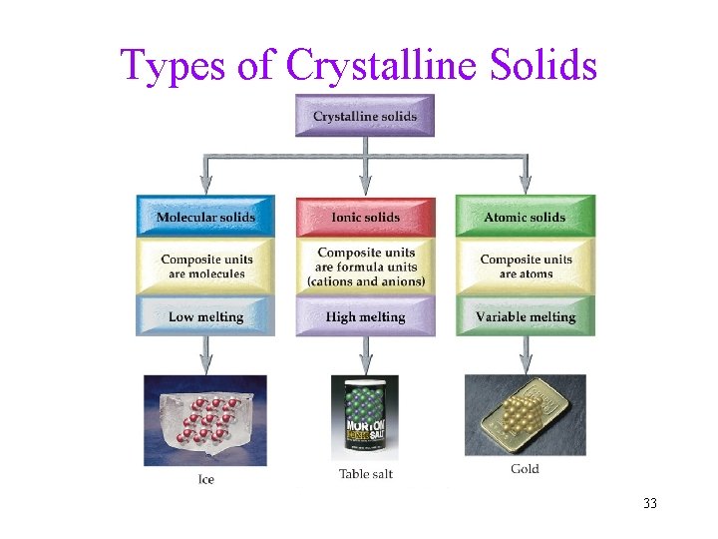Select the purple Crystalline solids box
[x=365, y=116]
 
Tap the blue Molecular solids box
[x=205, y=217]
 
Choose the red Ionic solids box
[x=365, y=217]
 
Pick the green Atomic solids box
[x=525, y=217]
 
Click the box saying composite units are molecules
[x=206, y=267]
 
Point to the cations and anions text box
[x=365, y=267]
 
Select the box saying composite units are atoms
[x=525, y=267]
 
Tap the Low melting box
[x=205, y=316]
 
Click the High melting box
[x=365, y=316]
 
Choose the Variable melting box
[x=525, y=316]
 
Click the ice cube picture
[x=205, y=419]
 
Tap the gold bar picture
[x=525, y=414]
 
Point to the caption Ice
[x=205, y=479]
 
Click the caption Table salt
[x=365, y=474]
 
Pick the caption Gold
[x=525, y=469]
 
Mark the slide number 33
[x=650, y=503]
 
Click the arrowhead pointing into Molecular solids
[x=205, y=185]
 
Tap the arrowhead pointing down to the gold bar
[x=525, y=364]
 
